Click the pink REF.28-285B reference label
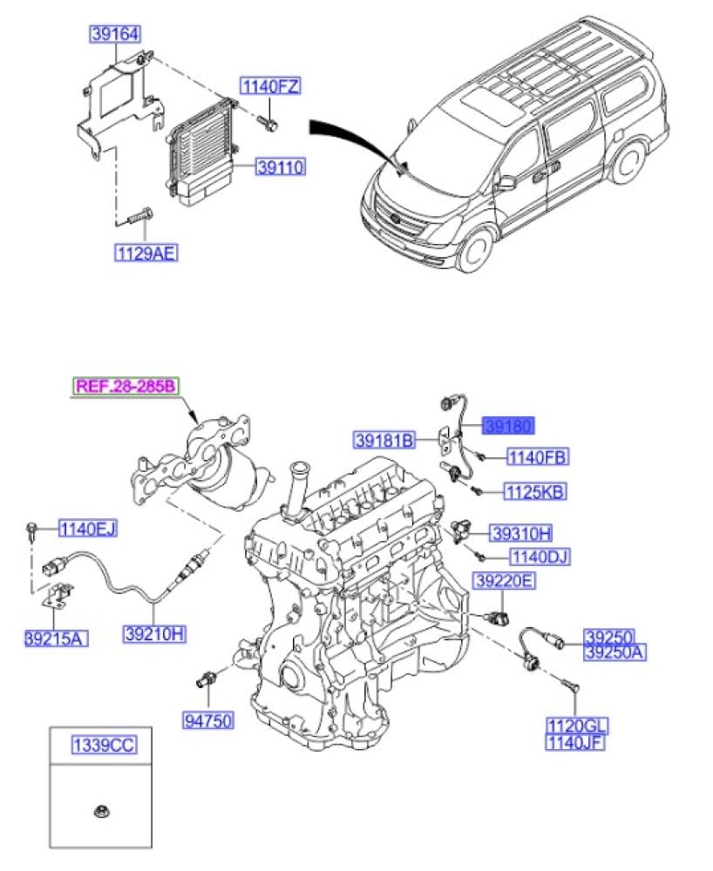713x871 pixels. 125,386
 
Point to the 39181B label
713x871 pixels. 384,441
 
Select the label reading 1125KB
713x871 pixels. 534,493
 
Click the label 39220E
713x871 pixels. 503,580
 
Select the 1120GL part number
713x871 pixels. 577,726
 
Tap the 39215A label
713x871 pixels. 57,639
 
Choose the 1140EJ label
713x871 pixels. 87,529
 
